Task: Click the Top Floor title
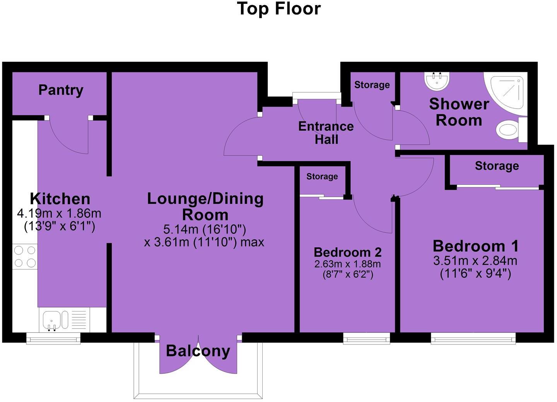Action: click(278, 9)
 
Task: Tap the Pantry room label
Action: click(61, 90)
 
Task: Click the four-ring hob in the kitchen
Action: click(25, 257)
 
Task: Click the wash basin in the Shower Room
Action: click(437, 80)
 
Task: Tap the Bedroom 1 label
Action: click(475, 246)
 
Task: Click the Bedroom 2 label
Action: click(347, 252)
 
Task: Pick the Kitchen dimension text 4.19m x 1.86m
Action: click(59, 213)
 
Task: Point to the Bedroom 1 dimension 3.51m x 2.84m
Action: click(475, 261)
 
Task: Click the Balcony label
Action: click(198, 351)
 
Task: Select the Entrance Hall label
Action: click(326, 133)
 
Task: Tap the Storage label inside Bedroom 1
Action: click(497, 166)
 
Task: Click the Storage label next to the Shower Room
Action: click(372, 85)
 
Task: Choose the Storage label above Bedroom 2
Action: click(322, 177)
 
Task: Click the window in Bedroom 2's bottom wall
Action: click(366, 339)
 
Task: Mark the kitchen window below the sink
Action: click(53, 339)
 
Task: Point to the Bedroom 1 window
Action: click(473, 339)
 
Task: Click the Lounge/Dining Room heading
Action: click(205, 206)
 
